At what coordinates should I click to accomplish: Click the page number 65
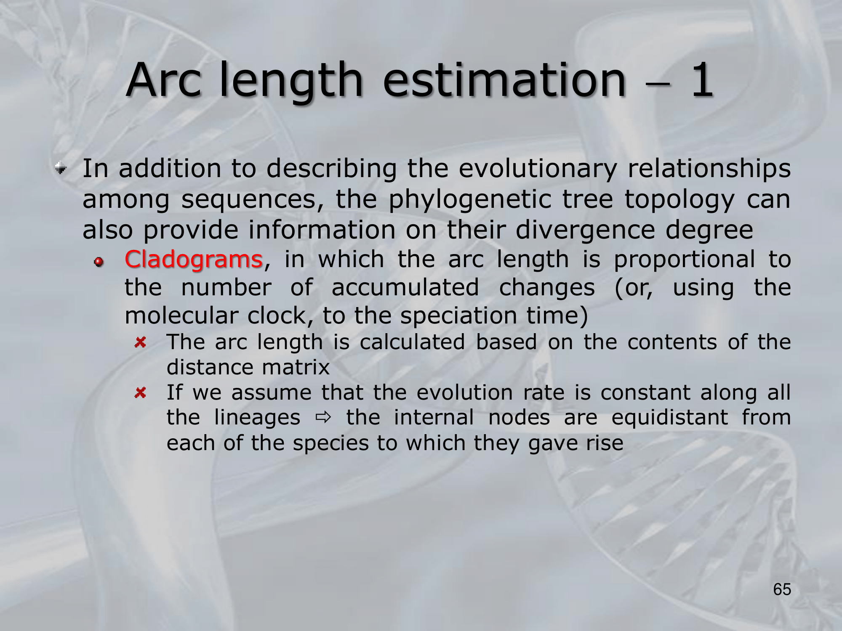tap(782, 589)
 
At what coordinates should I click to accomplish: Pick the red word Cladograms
tap(194, 260)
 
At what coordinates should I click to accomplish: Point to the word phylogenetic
tap(470, 199)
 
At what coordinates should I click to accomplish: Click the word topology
tap(679, 199)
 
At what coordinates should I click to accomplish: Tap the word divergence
tap(585, 231)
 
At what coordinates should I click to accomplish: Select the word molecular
tap(181, 315)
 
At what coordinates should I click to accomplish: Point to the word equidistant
tap(670, 418)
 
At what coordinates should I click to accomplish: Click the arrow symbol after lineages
tap(323, 418)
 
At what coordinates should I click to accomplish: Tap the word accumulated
tap(405, 288)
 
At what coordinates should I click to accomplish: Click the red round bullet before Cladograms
tap(99, 262)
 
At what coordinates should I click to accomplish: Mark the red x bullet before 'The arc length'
tap(140, 342)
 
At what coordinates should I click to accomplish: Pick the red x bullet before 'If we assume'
tap(140, 393)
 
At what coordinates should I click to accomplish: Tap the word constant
tap(645, 393)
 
